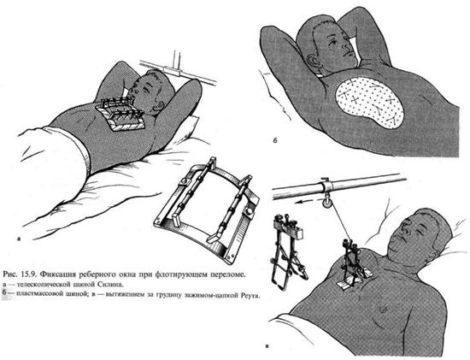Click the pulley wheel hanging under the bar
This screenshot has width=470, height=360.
pos(326,204)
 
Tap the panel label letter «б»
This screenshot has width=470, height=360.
pos(275,140)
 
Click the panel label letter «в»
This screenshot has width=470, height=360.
pos(267,347)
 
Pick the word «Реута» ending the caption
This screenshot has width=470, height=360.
pos(250,295)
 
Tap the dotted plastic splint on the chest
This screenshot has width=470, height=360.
pos(369,103)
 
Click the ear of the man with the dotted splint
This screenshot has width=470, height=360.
pos(312,61)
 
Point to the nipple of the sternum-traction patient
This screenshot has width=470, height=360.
pos(382,309)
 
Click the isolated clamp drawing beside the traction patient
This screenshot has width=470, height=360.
pos(288,251)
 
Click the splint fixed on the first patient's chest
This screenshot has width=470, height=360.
pos(120,114)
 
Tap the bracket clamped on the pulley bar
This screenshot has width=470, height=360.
pos(326,185)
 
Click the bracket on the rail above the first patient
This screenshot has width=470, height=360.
pos(173,71)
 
